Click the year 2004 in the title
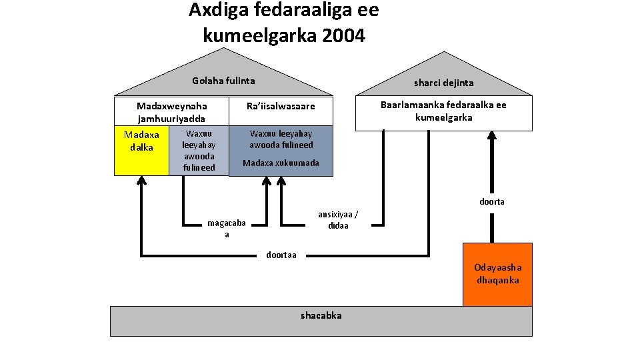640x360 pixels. point(343,35)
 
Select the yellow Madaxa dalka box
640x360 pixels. point(141,151)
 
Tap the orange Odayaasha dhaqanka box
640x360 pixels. point(497,274)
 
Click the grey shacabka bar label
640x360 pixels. point(321,315)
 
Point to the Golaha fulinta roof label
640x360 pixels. point(223,81)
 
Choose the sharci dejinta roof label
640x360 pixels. point(443,83)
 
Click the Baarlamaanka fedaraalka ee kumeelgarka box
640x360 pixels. point(443,111)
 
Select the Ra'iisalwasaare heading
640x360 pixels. point(280,106)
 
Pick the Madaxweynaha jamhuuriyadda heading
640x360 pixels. point(171,112)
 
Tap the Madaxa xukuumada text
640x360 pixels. point(281,163)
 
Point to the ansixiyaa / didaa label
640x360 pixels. point(338,219)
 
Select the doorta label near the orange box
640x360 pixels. point(492,201)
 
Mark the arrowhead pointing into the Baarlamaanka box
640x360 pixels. point(492,135)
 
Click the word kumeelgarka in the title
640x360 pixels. point(259,35)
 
